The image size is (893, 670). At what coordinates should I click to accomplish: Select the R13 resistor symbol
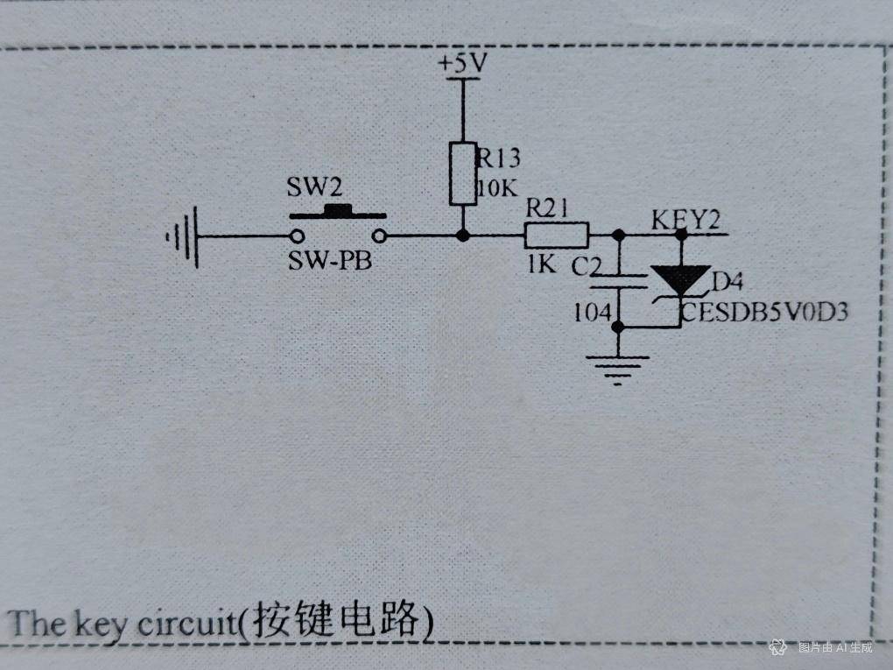click(x=463, y=173)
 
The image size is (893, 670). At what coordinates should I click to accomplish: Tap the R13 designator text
click(x=498, y=159)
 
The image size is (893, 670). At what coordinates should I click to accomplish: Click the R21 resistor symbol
click(x=556, y=235)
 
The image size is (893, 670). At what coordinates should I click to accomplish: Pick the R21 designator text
click(x=548, y=208)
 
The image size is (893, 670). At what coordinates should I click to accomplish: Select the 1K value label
click(x=541, y=264)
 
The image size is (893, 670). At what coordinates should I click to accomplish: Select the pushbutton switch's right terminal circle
click(x=379, y=236)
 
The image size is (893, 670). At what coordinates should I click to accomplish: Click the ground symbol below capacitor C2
click(x=619, y=368)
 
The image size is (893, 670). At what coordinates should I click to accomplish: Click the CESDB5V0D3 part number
click(x=764, y=312)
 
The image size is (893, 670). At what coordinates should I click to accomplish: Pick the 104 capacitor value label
click(x=592, y=312)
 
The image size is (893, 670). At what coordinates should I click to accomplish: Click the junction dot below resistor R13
click(x=463, y=236)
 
